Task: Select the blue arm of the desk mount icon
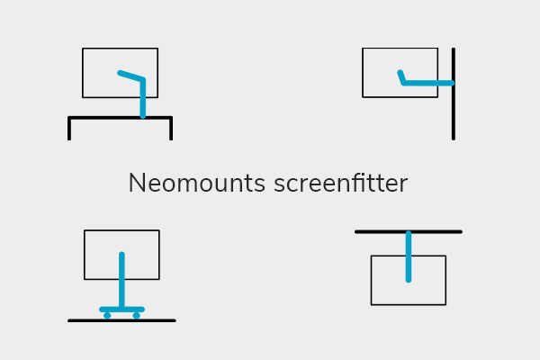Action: pyautogui.click(x=142, y=99)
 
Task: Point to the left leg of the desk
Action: pyautogui.click(x=69, y=130)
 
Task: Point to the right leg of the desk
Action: pyautogui.click(x=171, y=130)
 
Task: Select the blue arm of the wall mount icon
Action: pyautogui.click(x=427, y=83)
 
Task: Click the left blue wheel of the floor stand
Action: pyautogui.click(x=107, y=316)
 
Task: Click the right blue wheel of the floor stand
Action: pyautogui.click(x=137, y=316)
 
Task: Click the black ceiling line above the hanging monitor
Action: pyautogui.click(x=378, y=231)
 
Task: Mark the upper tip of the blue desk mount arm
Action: pyautogui.click(x=120, y=72)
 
